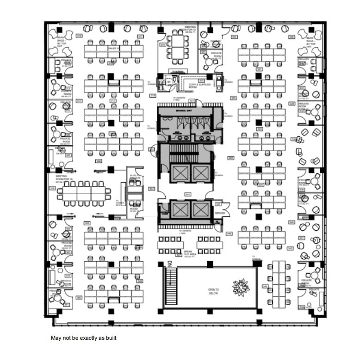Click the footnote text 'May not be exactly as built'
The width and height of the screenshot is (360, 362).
[x=83, y=338]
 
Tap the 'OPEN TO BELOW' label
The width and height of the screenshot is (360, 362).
[x=213, y=291]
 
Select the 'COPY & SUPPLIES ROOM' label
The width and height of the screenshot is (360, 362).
[x=200, y=86]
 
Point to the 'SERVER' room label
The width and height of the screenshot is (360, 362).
[x=220, y=213]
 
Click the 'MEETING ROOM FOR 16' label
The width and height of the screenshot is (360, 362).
[x=62, y=177]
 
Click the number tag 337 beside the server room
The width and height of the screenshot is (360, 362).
[x=217, y=204]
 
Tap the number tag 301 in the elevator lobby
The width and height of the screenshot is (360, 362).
[x=187, y=194]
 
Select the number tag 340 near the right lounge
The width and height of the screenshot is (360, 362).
[x=292, y=222]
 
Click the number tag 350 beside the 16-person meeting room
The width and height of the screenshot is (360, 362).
[x=52, y=189]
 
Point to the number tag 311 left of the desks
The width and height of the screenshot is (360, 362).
[x=79, y=100]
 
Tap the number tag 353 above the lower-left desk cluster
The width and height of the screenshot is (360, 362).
[x=87, y=223]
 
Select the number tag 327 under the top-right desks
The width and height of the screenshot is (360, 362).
[x=259, y=69]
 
